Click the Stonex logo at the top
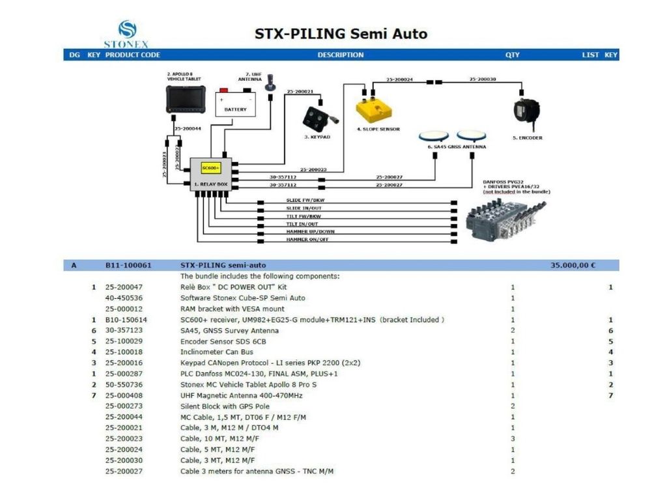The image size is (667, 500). click(128, 35)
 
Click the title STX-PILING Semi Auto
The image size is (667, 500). click(341, 33)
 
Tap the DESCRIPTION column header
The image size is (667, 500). click(341, 55)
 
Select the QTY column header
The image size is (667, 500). click(513, 55)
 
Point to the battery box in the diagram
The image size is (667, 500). click(236, 104)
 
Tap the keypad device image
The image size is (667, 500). click(317, 118)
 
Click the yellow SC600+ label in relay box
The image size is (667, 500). click(210, 168)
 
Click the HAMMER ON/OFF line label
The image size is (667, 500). click(307, 240)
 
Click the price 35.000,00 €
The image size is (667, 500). click(573, 266)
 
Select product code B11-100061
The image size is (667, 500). click(128, 266)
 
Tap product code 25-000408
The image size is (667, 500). click(124, 395)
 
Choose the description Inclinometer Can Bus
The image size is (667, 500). click(216, 352)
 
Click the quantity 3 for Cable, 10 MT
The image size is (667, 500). click(513, 439)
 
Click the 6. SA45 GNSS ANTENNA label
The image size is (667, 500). click(456, 147)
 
